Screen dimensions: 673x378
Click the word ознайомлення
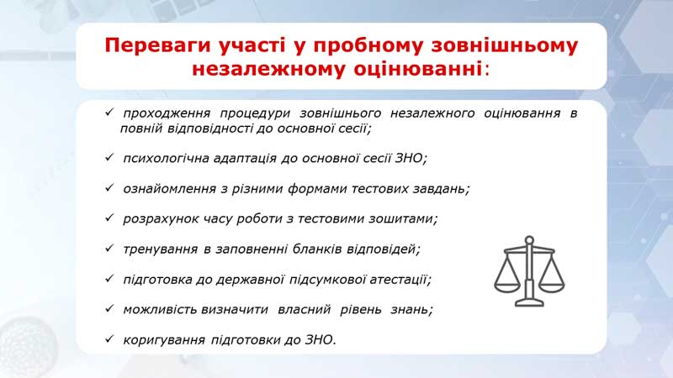(x=170, y=189)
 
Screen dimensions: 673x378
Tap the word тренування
(x=160, y=249)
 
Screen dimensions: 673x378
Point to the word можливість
(x=160, y=309)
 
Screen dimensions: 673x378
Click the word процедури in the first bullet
(x=255, y=113)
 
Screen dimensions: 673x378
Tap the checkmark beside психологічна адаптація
(x=109, y=157)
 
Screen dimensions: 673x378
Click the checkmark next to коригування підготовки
(x=109, y=339)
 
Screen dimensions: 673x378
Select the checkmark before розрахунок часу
(x=109, y=218)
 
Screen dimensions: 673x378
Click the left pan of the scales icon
(x=507, y=288)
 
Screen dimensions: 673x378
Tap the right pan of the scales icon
(x=552, y=288)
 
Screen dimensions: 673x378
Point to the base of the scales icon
(x=529, y=303)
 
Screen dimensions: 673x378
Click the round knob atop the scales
(x=529, y=240)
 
